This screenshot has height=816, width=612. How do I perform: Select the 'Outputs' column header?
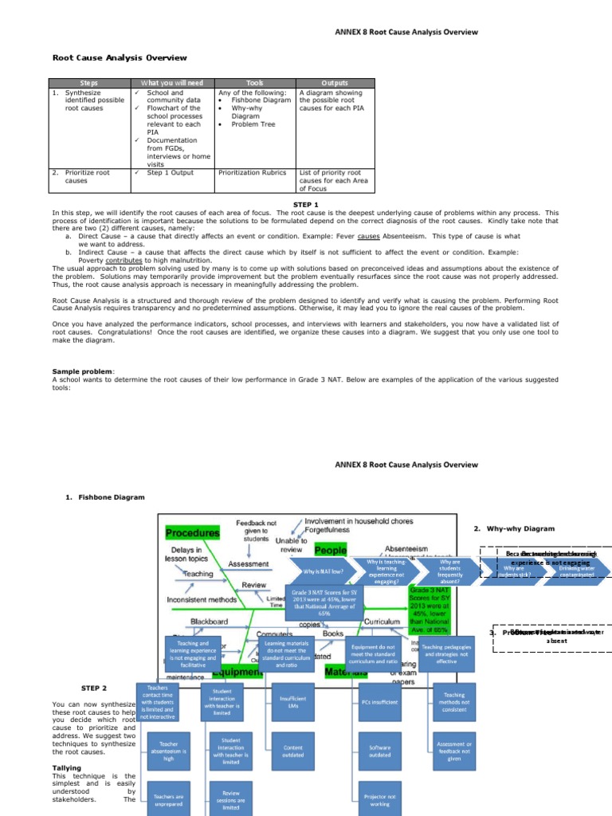334,83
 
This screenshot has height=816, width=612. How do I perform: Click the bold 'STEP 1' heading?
305,205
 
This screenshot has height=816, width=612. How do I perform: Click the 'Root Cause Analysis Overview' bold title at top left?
120,57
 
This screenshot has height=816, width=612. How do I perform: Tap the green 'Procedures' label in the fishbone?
192,532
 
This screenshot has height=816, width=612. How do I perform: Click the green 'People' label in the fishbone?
330,550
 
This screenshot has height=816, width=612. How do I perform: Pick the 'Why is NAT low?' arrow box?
323,572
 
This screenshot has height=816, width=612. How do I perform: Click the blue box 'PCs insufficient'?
379,702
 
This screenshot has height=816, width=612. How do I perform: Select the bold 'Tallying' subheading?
67,768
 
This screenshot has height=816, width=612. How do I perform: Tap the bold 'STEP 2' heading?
93,688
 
